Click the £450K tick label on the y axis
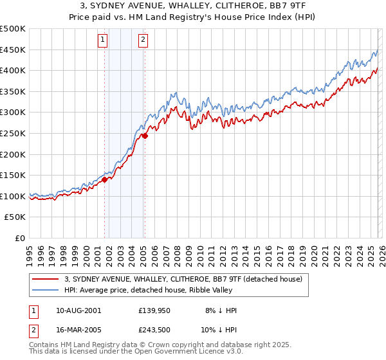coord(14,50)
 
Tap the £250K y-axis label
coord(14,133)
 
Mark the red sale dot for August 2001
coord(104,180)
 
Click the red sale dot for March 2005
coord(145,136)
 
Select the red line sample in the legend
coord(46,279)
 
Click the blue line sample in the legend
coord(46,290)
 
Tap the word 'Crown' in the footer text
coord(170,345)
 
